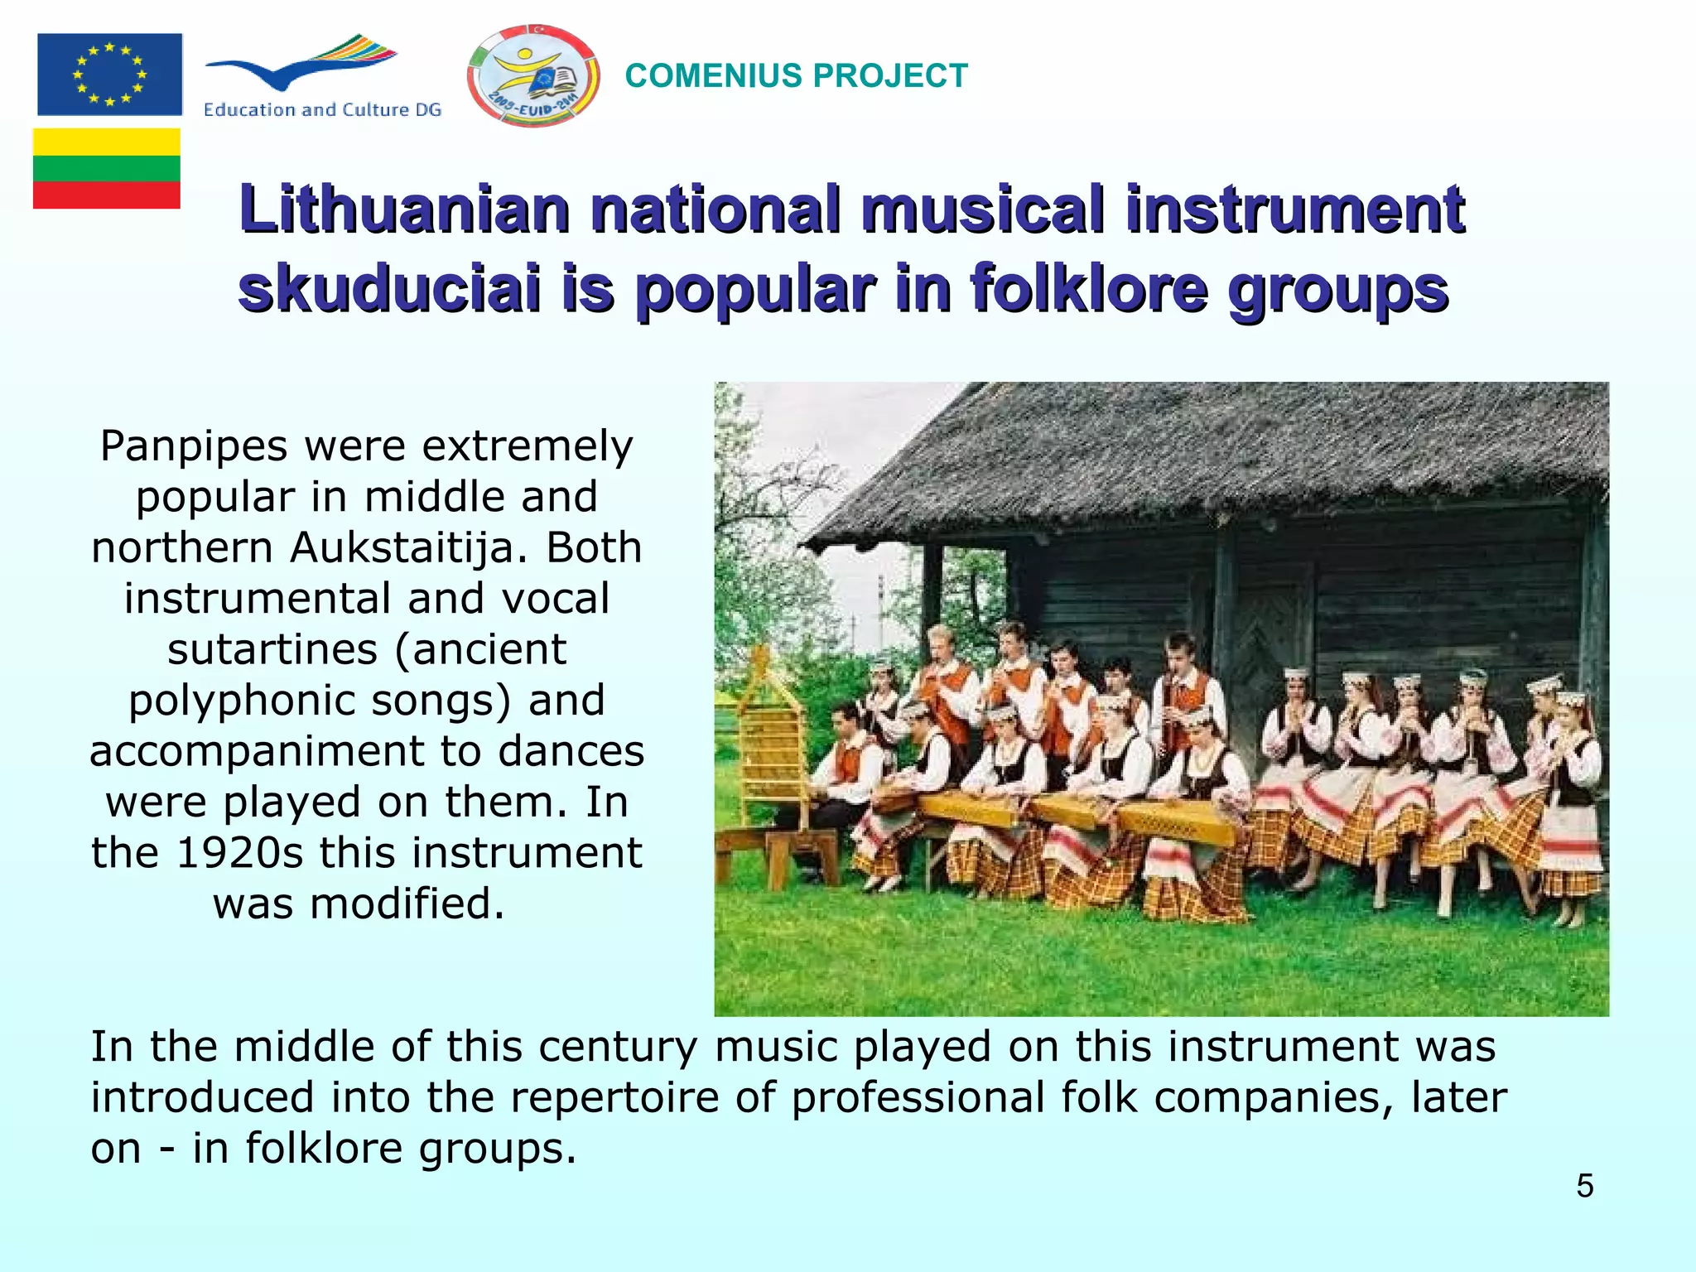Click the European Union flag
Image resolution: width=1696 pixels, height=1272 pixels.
(109, 75)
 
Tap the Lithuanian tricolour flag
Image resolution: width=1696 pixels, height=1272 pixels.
(107, 168)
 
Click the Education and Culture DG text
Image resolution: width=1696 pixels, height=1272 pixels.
(322, 109)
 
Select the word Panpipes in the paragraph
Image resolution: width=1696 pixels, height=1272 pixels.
(194, 447)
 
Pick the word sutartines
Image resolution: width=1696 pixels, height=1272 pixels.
(272, 649)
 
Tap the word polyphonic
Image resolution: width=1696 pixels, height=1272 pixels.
(243, 701)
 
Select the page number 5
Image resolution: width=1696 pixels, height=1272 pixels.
(1584, 1186)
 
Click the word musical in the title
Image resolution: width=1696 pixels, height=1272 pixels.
(982, 209)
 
